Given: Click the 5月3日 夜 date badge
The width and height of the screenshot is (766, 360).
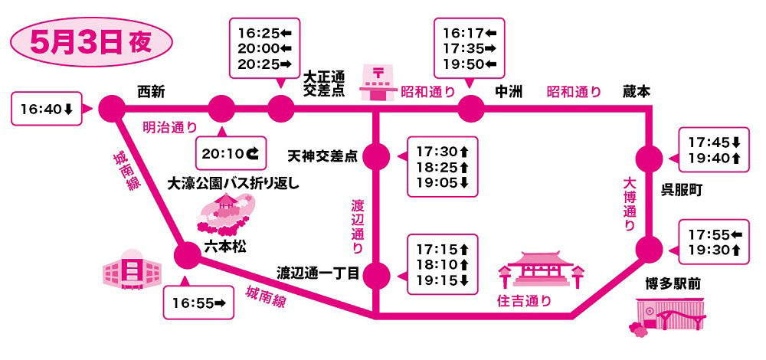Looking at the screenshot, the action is (x=91, y=42).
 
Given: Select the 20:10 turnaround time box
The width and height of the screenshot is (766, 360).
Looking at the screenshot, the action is (x=231, y=153).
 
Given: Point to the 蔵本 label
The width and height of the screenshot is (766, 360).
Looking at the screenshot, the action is (x=637, y=92).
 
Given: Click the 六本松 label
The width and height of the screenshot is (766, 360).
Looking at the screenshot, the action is (x=225, y=247).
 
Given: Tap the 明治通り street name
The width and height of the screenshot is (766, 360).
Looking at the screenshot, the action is (x=169, y=127).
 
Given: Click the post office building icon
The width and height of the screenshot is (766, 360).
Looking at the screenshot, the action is (x=378, y=84).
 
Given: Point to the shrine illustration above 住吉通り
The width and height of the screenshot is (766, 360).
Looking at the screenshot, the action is (x=541, y=270).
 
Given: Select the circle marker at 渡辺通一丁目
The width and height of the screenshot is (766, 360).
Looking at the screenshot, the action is (x=377, y=274).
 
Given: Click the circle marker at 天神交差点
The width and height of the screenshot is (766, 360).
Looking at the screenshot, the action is (x=377, y=156).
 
